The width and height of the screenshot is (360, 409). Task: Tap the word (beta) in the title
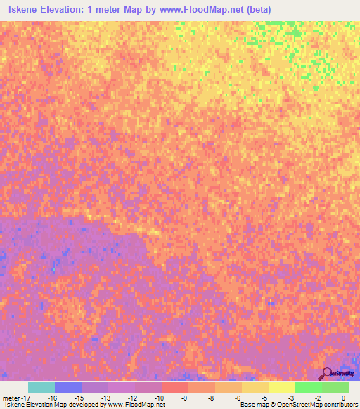(x=254, y=10)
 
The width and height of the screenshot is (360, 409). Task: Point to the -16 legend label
(x=52, y=397)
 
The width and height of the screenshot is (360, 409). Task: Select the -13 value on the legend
(x=105, y=397)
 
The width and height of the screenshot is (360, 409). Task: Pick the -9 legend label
(x=185, y=397)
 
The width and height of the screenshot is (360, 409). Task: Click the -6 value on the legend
(x=238, y=397)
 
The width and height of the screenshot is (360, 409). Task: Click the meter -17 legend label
(x=15, y=397)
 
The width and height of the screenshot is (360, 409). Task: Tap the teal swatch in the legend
(x=41, y=387)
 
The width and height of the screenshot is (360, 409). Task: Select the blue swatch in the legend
(x=68, y=387)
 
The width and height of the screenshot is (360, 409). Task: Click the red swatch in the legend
(x=175, y=387)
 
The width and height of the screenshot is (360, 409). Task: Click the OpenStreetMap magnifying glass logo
(x=326, y=374)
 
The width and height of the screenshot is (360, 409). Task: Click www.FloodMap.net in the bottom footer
(x=137, y=405)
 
